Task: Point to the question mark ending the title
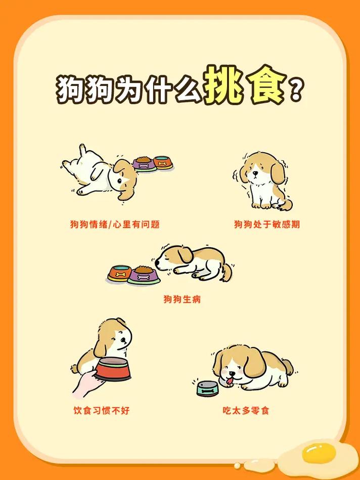coord(295,90)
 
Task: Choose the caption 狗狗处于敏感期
coord(266,224)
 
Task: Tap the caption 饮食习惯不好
coord(101,410)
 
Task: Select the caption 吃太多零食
coord(246,410)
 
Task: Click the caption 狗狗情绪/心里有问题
coord(115,224)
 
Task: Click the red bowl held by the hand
coord(113,369)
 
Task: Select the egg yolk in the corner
coord(319,453)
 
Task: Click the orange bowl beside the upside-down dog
coord(163,163)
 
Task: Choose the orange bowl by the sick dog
coord(120,274)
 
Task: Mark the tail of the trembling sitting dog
coord(286,204)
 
